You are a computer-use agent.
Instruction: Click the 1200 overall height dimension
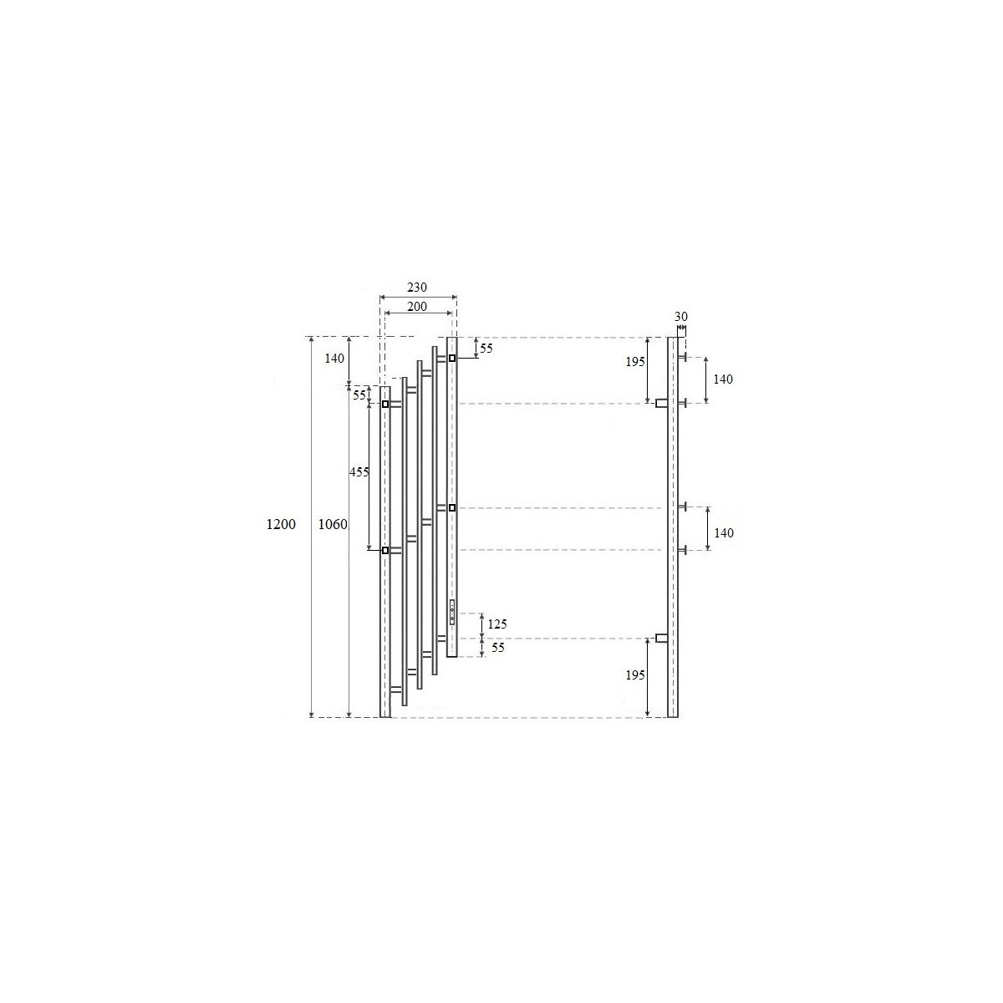click(x=281, y=524)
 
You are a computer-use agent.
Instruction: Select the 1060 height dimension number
click(x=333, y=524)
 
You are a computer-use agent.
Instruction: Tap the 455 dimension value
click(x=359, y=472)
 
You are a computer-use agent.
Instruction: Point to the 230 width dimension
click(x=417, y=287)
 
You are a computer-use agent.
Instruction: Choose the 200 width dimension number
click(x=417, y=306)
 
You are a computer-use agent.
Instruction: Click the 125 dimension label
click(x=497, y=624)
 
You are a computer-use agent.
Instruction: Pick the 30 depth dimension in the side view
click(x=681, y=317)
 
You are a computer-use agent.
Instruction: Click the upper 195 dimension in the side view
click(x=635, y=362)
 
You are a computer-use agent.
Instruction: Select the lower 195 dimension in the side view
click(x=635, y=675)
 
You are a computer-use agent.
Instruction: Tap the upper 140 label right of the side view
click(x=723, y=379)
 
